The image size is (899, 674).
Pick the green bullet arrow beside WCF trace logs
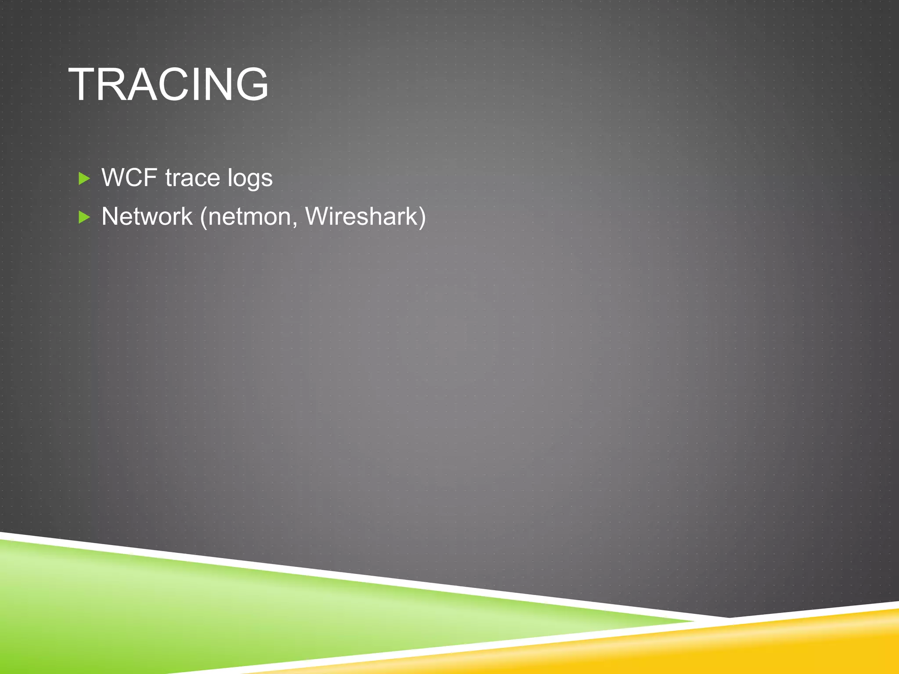[x=84, y=178]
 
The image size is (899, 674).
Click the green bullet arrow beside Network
[x=84, y=217]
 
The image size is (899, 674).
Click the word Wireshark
[x=360, y=217]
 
